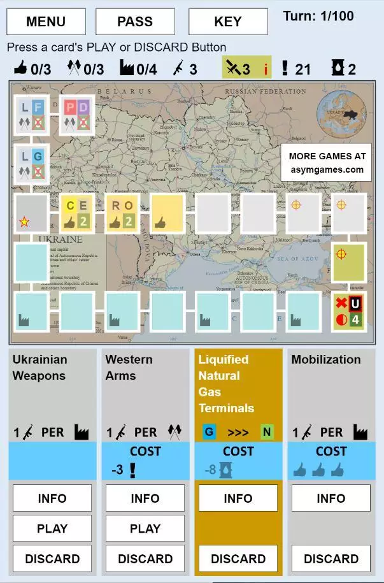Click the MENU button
point(46,22)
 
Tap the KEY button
point(228,22)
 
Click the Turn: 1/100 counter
point(318,16)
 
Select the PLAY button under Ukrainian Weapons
point(52,528)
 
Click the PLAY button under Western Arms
point(145,528)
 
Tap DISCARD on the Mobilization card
point(331,559)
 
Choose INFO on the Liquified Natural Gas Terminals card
point(238,498)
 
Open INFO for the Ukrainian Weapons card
point(52,498)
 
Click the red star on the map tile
point(24,222)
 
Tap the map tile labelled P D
point(78,115)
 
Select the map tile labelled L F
point(31,115)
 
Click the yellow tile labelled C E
point(78,213)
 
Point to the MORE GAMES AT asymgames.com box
point(327,162)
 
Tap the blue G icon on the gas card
point(210,432)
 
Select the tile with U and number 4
point(349,311)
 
